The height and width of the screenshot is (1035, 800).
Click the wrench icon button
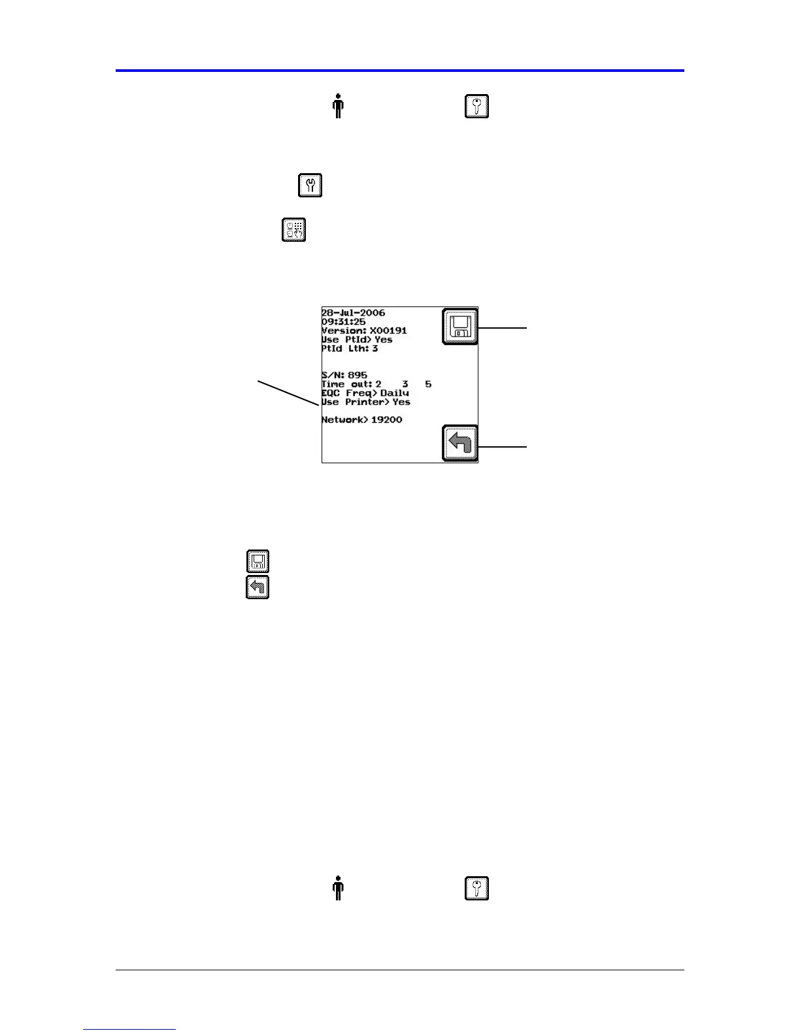pos(310,186)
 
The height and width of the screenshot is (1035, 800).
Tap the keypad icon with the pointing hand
pos(294,230)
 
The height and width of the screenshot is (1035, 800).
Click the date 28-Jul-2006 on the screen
pos(353,313)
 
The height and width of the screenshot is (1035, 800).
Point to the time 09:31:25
pos(343,322)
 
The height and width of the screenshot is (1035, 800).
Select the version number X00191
pos(388,331)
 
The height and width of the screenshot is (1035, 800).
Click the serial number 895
pos(358,375)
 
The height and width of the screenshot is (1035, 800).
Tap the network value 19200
pos(386,419)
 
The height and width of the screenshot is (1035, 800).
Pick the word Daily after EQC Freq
pos(395,393)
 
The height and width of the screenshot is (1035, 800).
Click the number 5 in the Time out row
pos(428,384)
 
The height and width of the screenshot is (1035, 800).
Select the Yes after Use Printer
pos(401,402)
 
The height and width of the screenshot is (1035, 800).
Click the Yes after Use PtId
pos(384,340)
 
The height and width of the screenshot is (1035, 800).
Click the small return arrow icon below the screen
pos(258,587)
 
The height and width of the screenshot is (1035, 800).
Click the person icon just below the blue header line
pos(338,106)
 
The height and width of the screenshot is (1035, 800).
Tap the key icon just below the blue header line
pos(476,106)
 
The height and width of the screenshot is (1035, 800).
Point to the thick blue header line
pos(400,70)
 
